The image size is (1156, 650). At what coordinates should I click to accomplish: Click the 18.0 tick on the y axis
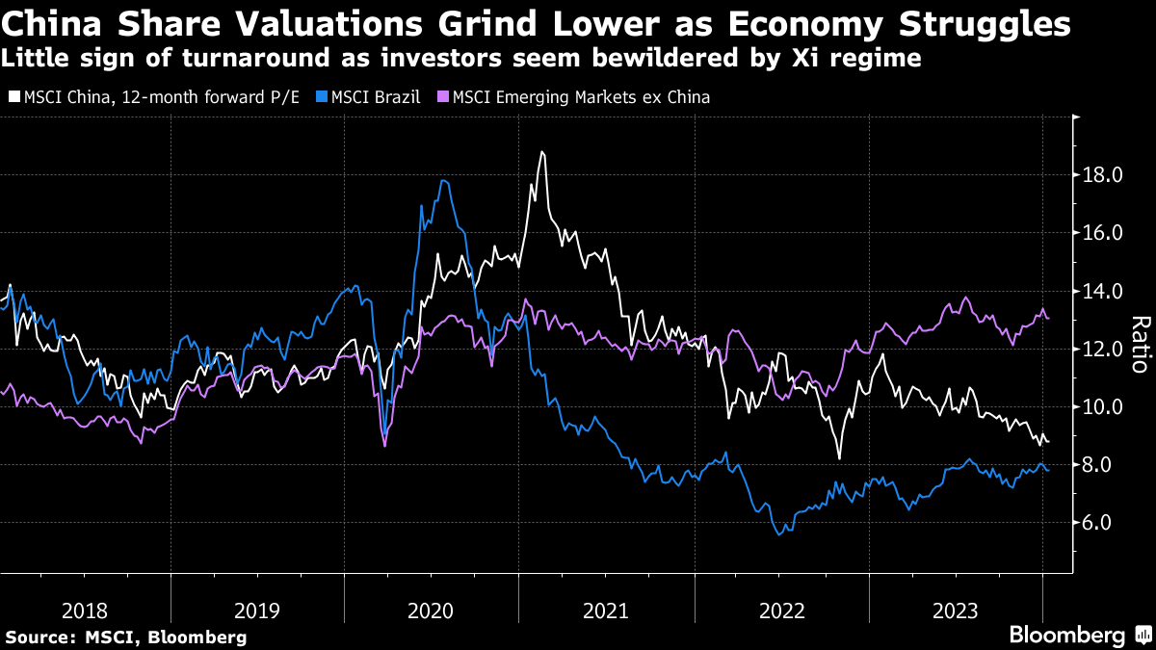[x=1104, y=175]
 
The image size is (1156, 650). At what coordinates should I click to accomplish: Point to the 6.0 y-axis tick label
[x=1104, y=523]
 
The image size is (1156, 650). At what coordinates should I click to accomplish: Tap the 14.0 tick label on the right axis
[x=1104, y=291]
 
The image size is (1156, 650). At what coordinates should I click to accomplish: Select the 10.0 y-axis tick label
[x=1104, y=406]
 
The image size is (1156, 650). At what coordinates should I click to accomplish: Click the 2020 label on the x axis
[x=433, y=611]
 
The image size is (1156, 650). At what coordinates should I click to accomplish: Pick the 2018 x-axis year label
[x=85, y=611]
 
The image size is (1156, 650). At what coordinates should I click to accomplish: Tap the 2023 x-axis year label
[x=955, y=611]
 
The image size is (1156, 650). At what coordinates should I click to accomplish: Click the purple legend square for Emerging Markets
[x=442, y=97]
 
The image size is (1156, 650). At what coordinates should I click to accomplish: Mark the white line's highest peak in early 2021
[x=542, y=152]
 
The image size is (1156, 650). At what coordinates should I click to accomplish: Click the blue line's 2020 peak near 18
[x=442, y=180]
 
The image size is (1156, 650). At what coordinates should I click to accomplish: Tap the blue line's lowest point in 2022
[x=778, y=533]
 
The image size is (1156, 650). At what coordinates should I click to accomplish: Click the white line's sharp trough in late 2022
[x=839, y=458]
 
